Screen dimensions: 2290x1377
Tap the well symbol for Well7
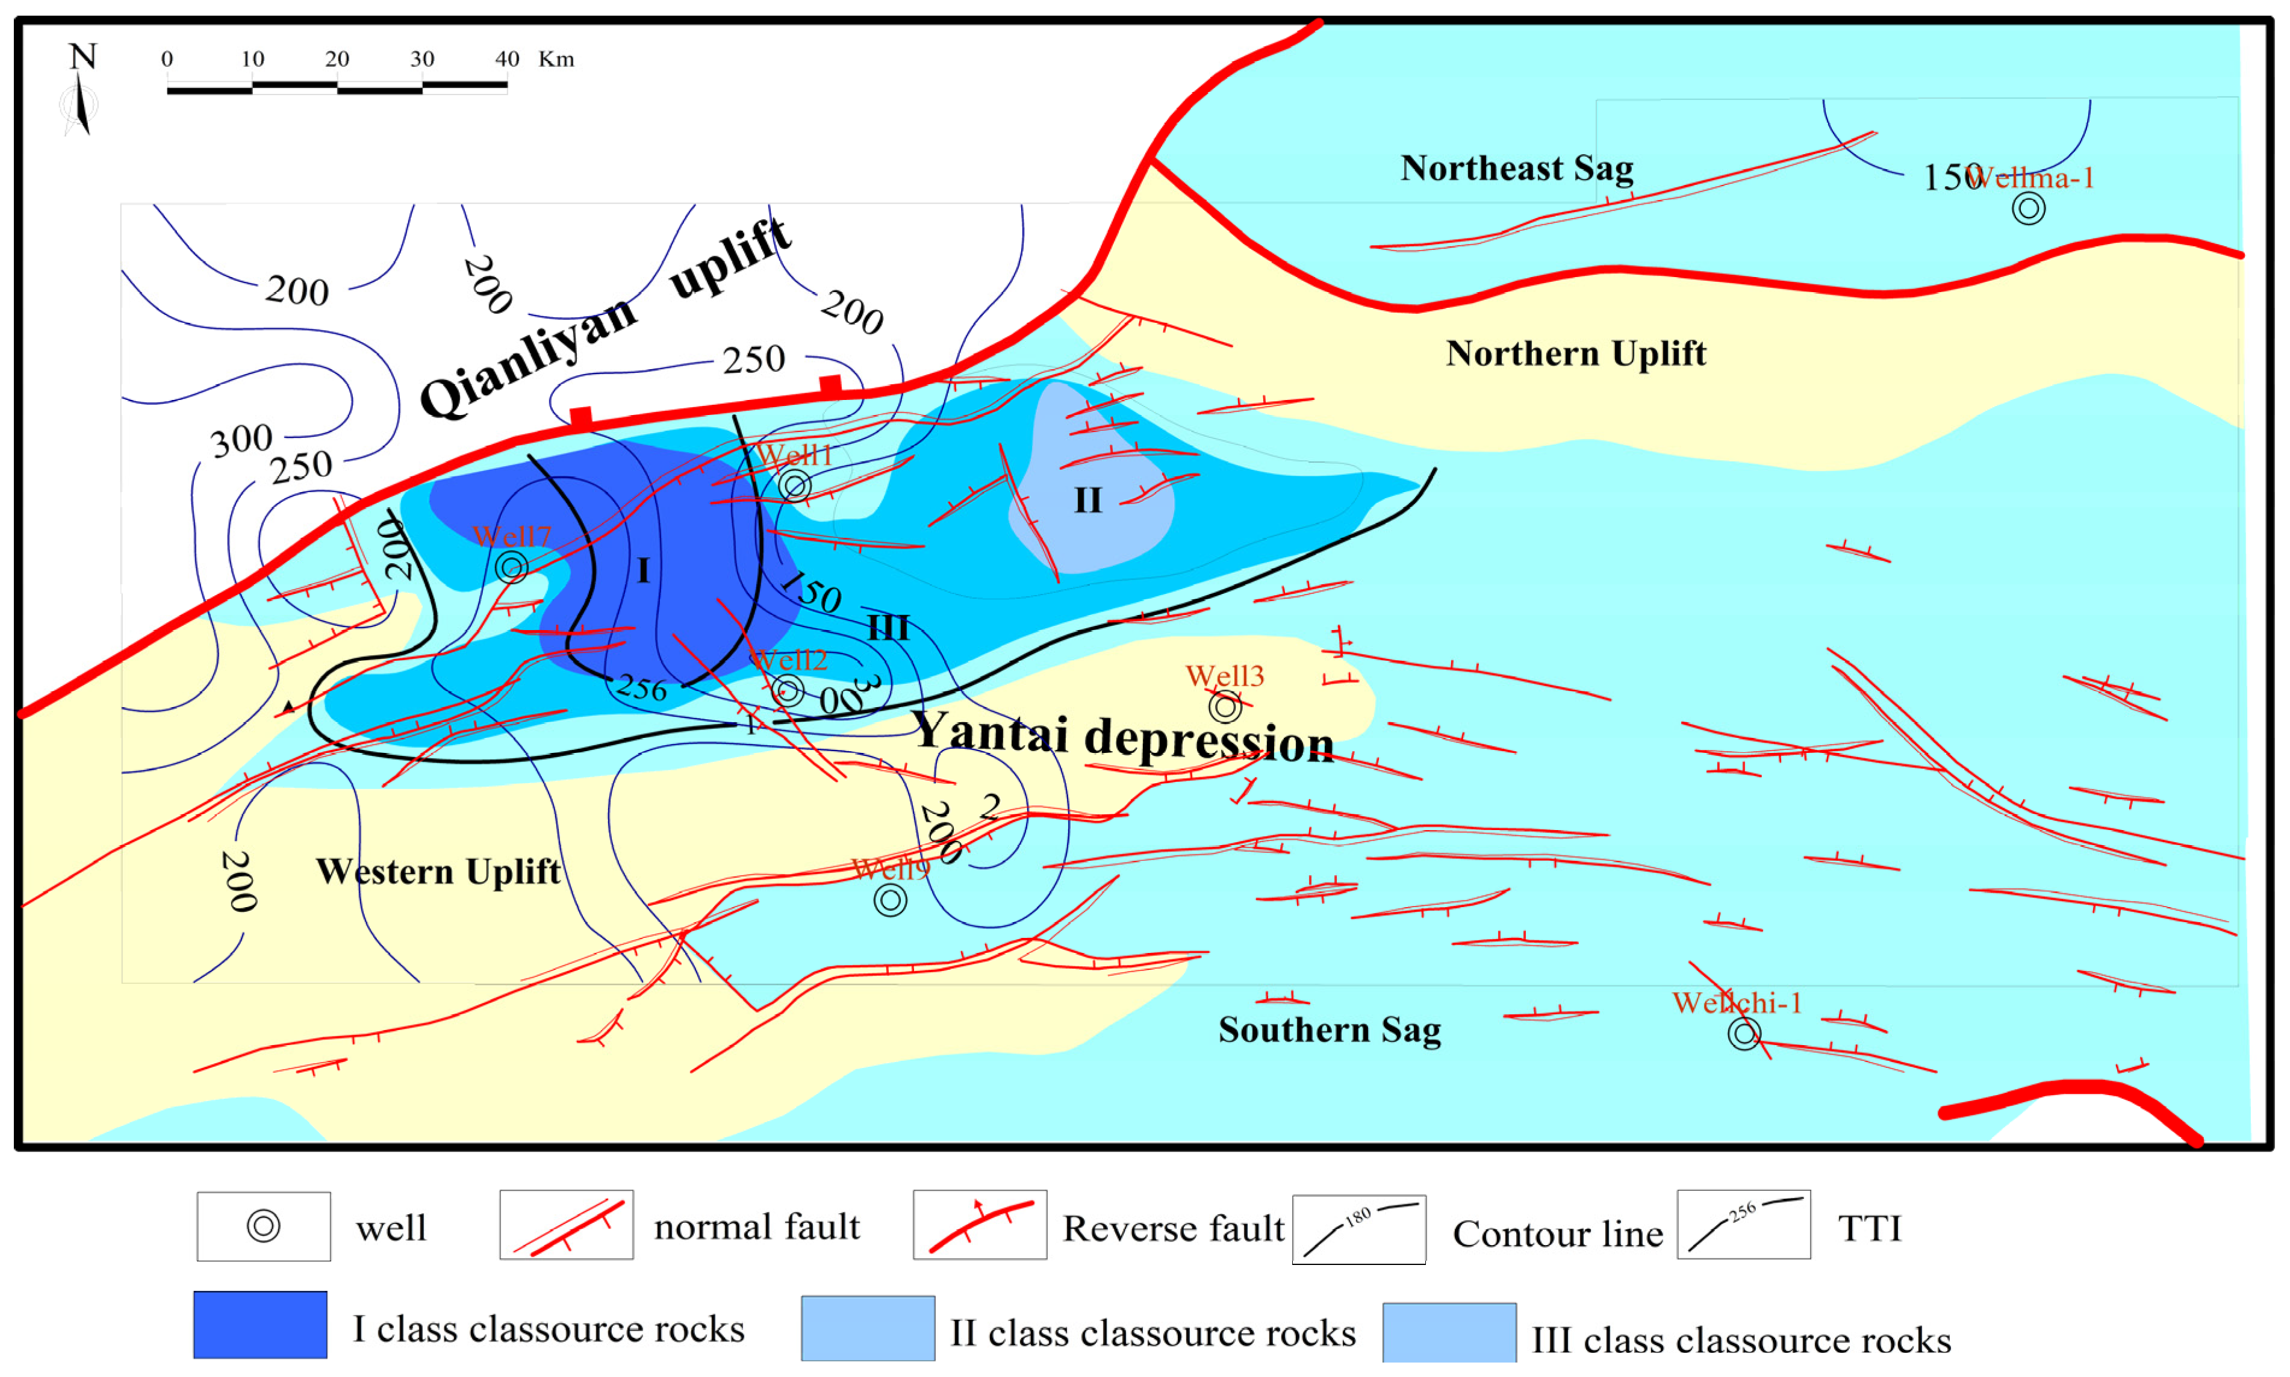511,566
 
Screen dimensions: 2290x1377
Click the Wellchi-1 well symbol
1744,1032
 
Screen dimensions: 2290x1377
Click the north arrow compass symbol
82,93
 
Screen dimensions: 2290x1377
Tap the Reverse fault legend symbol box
980,1225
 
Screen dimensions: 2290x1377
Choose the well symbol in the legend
263,1226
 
